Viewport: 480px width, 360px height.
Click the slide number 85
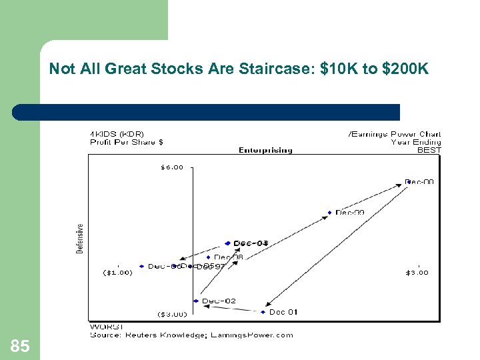coord(20,345)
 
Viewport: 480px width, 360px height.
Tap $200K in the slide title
coord(404,69)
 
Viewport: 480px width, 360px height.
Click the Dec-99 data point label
coord(350,213)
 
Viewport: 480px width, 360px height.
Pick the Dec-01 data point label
coord(283,312)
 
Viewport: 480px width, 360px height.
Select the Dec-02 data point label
coord(219,301)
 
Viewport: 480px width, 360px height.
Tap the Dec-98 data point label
coord(229,257)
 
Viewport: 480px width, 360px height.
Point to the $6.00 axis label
coord(171,167)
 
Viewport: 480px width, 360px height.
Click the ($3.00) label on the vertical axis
coord(172,314)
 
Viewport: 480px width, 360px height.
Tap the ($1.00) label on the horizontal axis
coord(117,272)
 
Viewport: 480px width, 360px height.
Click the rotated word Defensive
coord(80,238)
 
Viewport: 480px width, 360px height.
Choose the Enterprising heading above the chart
coord(265,150)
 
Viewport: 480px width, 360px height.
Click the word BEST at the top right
coord(429,150)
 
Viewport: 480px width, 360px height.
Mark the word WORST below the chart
coord(103,327)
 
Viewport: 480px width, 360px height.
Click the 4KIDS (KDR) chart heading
coord(117,134)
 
